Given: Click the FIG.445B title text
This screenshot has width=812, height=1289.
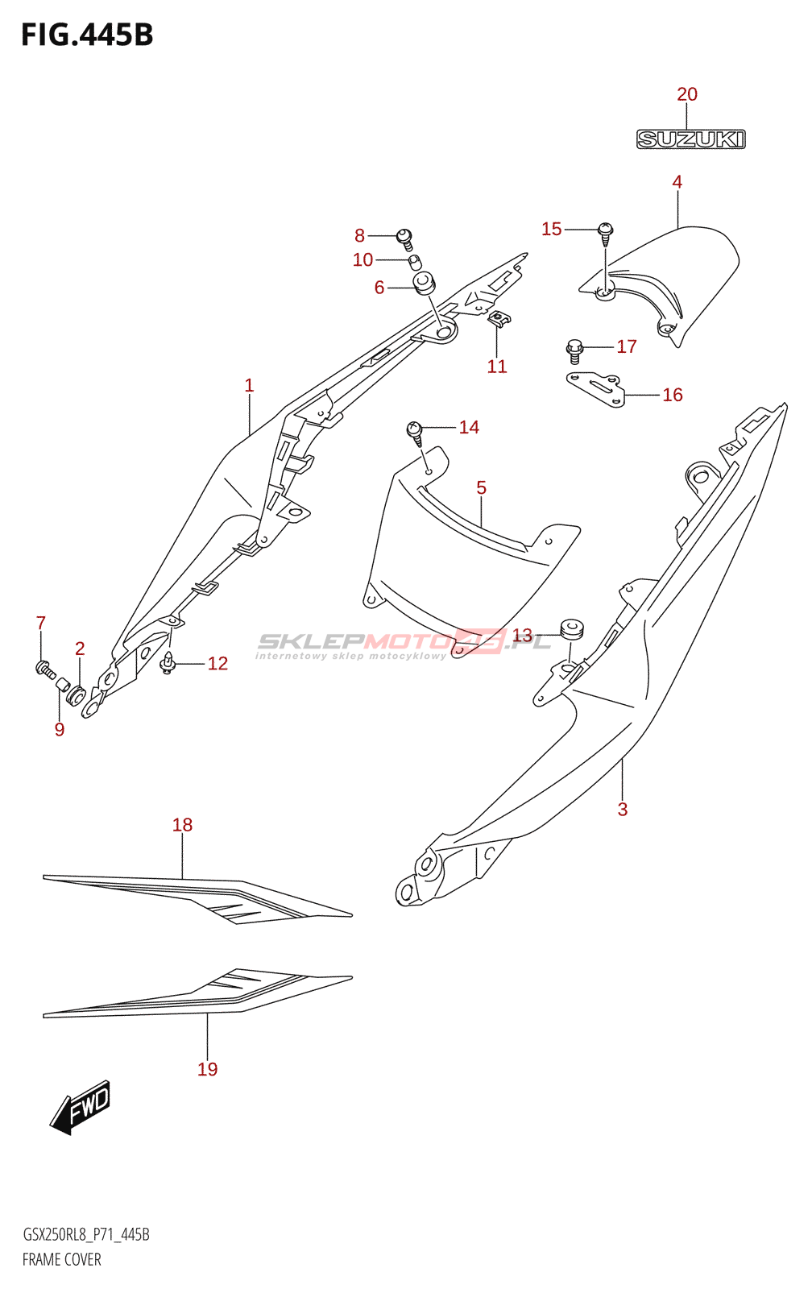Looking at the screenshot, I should click(x=87, y=35).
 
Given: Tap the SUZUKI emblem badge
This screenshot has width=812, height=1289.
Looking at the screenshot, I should click(x=691, y=139).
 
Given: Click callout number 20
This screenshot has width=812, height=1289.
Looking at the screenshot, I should click(x=687, y=94).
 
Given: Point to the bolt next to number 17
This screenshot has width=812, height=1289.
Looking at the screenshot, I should click(x=574, y=349).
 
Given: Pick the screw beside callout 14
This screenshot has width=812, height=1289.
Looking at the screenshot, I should click(x=416, y=433).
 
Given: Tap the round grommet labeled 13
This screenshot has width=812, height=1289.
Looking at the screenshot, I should click(x=572, y=628).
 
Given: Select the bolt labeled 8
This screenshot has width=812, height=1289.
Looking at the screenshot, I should click(x=405, y=238).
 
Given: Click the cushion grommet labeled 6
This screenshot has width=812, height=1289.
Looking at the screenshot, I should click(x=424, y=283).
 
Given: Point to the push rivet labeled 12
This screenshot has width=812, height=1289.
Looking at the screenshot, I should click(x=168, y=663).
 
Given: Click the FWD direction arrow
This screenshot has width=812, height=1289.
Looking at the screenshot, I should click(x=81, y=1107).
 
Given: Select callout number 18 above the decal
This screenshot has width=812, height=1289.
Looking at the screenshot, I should click(x=183, y=825).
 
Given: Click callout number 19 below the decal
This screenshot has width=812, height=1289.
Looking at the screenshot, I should click(x=208, y=1069).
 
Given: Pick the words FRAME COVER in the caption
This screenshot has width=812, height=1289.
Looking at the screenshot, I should click(x=62, y=1260).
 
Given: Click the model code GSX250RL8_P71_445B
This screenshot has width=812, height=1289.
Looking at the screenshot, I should click(x=86, y=1235).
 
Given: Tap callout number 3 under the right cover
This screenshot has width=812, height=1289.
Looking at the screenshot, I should click(x=623, y=810).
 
